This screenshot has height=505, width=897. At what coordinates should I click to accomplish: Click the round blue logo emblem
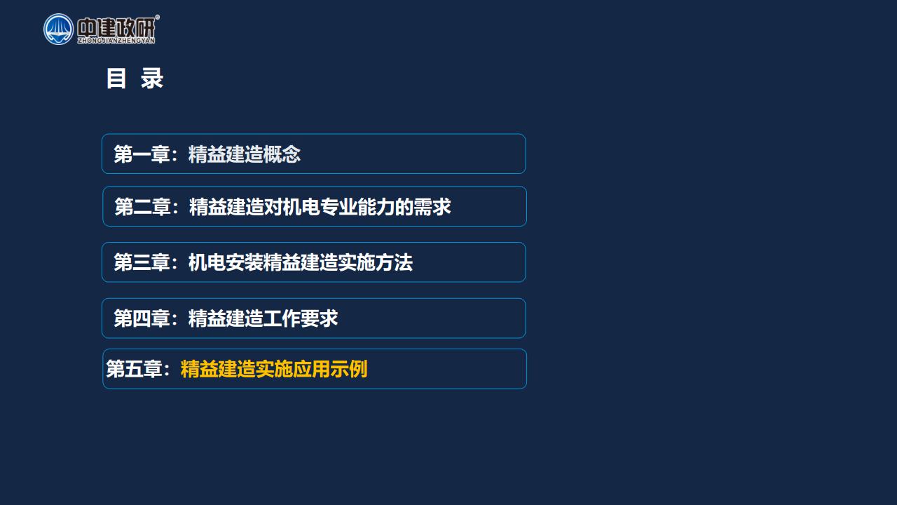[58, 29]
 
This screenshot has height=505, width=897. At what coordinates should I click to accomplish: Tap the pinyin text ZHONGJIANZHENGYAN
[116, 41]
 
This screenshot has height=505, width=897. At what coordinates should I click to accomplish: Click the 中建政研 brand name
[116, 27]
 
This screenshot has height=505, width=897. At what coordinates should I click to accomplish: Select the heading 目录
[135, 78]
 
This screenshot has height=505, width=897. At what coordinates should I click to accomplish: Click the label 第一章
[142, 154]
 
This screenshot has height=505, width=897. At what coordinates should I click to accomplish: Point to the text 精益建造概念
[245, 154]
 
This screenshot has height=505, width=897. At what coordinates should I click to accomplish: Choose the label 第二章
[143, 207]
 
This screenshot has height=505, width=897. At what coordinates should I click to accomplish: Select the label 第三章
[142, 262]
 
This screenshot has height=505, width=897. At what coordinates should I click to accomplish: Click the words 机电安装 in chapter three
[226, 262]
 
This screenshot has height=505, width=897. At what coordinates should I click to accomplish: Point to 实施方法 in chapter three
[375, 262]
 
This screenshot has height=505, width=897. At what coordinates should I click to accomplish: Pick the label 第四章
[142, 318]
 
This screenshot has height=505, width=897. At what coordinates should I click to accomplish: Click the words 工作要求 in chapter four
[301, 318]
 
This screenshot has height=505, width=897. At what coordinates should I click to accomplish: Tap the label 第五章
[134, 369]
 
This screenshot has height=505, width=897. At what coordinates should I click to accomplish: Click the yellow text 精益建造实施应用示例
[274, 369]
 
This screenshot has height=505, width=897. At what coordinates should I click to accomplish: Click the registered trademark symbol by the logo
[158, 17]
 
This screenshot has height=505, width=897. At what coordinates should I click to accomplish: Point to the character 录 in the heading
[152, 78]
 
